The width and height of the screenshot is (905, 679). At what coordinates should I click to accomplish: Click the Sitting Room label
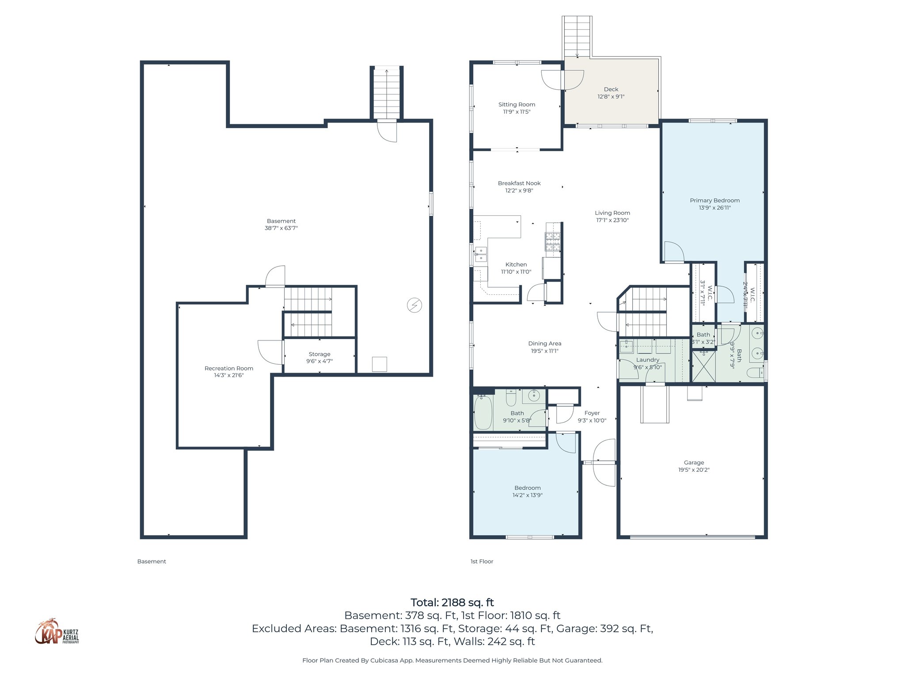[517, 105]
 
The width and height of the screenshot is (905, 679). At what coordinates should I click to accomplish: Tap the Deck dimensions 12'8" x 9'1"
[611, 97]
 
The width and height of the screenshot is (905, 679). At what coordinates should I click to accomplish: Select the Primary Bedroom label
[715, 200]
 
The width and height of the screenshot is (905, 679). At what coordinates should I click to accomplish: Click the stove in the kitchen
[552, 242]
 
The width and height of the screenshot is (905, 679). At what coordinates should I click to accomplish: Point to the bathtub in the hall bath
[483, 412]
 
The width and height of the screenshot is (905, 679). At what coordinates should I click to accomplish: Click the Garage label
[694, 462]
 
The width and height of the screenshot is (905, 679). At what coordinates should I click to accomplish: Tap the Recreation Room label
[228, 368]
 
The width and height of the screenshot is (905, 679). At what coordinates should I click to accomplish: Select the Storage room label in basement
[319, 354]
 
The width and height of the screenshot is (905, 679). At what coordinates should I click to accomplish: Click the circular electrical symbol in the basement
[414, 305]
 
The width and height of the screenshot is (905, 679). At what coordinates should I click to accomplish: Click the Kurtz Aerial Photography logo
[57, 632]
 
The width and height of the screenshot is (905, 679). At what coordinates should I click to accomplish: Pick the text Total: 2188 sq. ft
[452, 603]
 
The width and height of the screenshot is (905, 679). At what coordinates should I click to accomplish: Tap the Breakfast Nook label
[519, 183]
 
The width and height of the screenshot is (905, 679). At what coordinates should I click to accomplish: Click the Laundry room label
[647, 360]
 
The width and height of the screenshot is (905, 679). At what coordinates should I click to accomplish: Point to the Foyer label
[592, 413]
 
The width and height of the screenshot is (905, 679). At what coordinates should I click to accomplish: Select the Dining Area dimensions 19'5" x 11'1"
[544, 351]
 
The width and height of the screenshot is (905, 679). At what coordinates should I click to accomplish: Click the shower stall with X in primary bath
[703, 366]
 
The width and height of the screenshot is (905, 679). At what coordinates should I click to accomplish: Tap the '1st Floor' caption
[482, 561]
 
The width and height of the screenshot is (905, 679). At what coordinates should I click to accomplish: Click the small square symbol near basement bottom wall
[380, 364]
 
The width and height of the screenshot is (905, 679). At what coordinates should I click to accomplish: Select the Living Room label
[612, 213]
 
